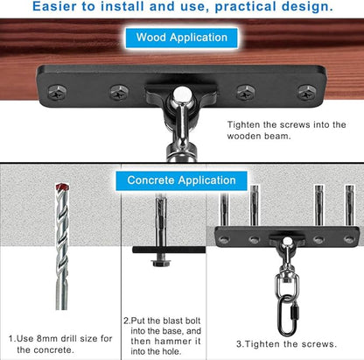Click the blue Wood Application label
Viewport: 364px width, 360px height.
[181, 38]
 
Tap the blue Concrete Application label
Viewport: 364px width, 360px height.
[181, 180]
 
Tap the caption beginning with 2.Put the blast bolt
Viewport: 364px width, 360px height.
[162, 335]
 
